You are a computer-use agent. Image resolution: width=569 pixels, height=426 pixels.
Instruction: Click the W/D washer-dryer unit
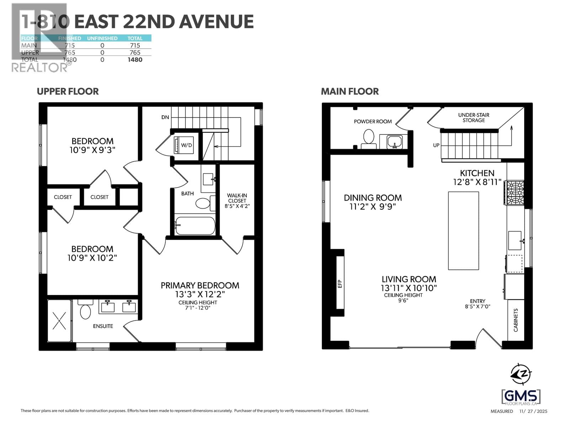click(x=184, y=145)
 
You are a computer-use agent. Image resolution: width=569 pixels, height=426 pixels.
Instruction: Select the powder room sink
click(x=394, y=142)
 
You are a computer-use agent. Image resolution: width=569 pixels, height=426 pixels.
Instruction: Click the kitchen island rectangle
click(x=463, y=231)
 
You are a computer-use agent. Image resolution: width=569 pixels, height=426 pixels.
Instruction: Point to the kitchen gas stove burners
click(x=515, y=193)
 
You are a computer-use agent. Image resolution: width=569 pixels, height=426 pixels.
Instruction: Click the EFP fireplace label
click(x=340, y=284)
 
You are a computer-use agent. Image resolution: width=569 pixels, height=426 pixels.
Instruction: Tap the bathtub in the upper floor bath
click(x=195, y=226)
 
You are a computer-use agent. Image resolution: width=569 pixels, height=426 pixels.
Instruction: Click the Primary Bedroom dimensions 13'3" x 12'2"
click(x=200, y=294)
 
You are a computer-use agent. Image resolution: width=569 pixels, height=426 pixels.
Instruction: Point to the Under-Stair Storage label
click(x=473, y=118)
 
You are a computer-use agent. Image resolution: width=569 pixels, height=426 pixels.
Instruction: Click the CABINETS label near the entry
click(x=516, y=320)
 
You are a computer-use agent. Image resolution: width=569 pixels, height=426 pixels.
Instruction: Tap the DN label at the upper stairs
click(x=165, y=117)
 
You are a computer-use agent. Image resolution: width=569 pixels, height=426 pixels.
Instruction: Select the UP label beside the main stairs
click(x=436, y=145)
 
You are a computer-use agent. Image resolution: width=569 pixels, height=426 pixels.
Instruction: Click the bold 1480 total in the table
click(x=135, y=60)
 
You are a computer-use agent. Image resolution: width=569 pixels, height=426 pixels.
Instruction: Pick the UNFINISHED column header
click(x=102, y=38)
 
